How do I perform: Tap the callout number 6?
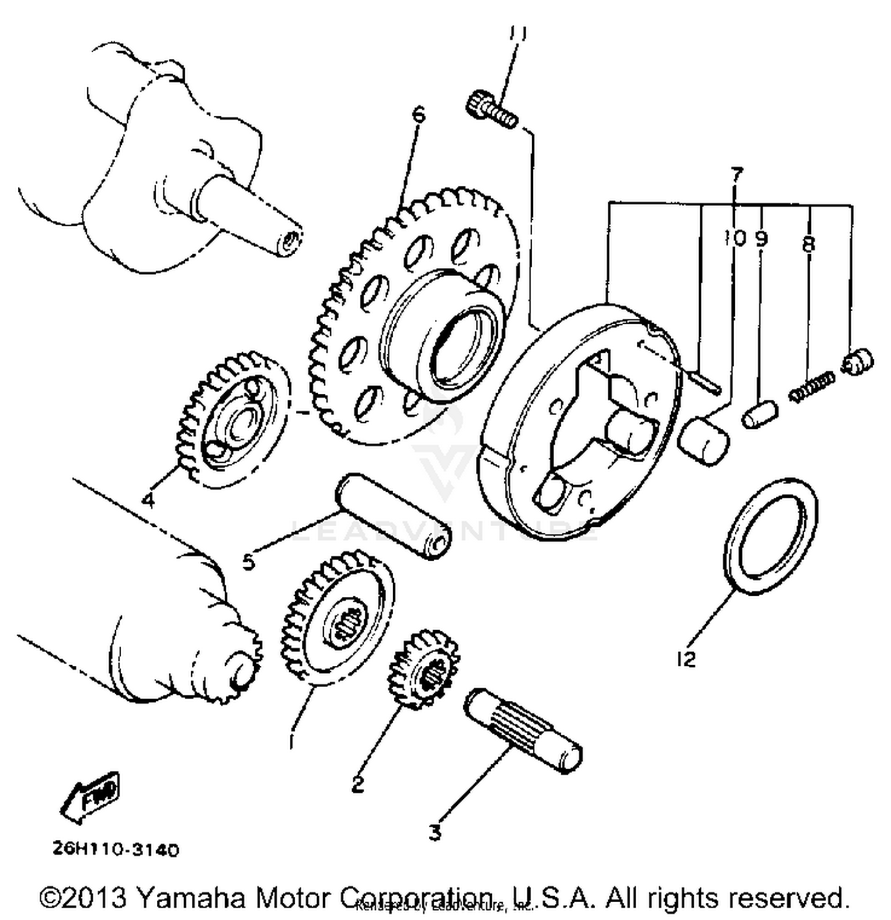(419, 114)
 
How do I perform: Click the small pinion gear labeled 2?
(423, 669)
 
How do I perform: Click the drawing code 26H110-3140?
(116, 850)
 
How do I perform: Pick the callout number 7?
(736, 175)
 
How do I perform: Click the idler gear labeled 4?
(233, 419)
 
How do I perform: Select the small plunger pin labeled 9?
(759, 415)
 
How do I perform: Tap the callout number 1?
(291, 742)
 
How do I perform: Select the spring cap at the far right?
(857, 362)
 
